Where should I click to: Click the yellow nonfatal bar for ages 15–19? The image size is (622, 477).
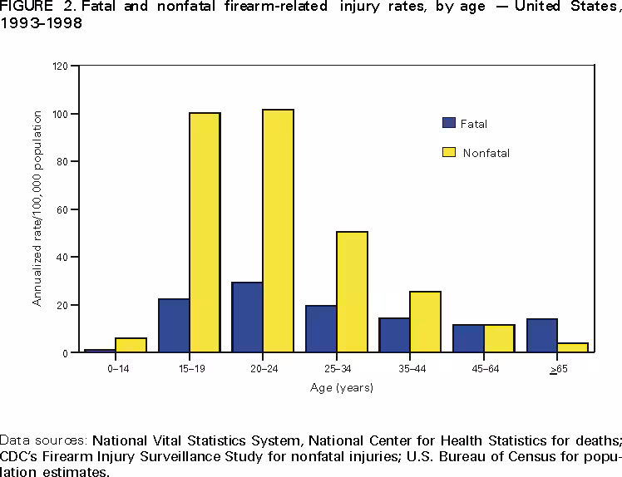click(x=205, y=233)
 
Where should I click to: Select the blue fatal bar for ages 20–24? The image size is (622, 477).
click(x=248, y=317)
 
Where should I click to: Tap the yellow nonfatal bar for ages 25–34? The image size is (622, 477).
click(x=352, y=292)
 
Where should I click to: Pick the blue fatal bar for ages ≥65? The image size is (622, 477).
click(x=542, y=336)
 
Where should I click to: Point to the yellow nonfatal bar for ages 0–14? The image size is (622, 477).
click(x=131, y=345)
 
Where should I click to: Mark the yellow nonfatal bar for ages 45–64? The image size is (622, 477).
click(x=499, y=338)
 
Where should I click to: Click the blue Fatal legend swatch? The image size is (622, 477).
click(x=449, y=123)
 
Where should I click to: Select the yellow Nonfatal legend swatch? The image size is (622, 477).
click(x=449, y=152)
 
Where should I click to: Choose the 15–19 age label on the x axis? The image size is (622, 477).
click(x=190, y=368)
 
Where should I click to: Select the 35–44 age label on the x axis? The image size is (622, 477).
click(x=410, y=368)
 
